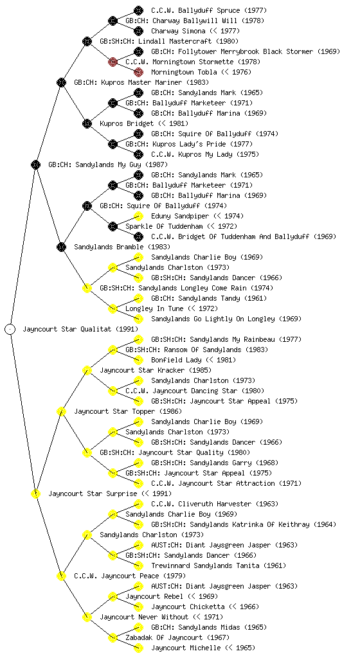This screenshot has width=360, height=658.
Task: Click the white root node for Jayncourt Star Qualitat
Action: click(x=10, y=329)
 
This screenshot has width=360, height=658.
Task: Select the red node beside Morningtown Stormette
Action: click(x=113, y=62)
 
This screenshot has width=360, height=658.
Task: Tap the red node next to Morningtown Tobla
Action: click(x=138, y=72)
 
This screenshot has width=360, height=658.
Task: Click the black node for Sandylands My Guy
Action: click(x=35, y=164)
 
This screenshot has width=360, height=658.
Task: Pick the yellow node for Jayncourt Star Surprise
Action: click(x=35, y=493)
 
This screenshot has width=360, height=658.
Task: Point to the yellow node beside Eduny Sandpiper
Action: click(x=138, y=216)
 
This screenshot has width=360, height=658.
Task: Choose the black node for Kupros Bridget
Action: click(x=87, y=123)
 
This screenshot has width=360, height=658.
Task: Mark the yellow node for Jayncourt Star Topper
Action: click(x=61, y=411)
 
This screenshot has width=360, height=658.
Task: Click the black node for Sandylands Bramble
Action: click(x=61, y=247)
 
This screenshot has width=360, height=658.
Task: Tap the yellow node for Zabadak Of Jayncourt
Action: click(x=113, y=637)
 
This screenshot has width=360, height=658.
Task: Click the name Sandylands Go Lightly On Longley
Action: click(x=213, y=319)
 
